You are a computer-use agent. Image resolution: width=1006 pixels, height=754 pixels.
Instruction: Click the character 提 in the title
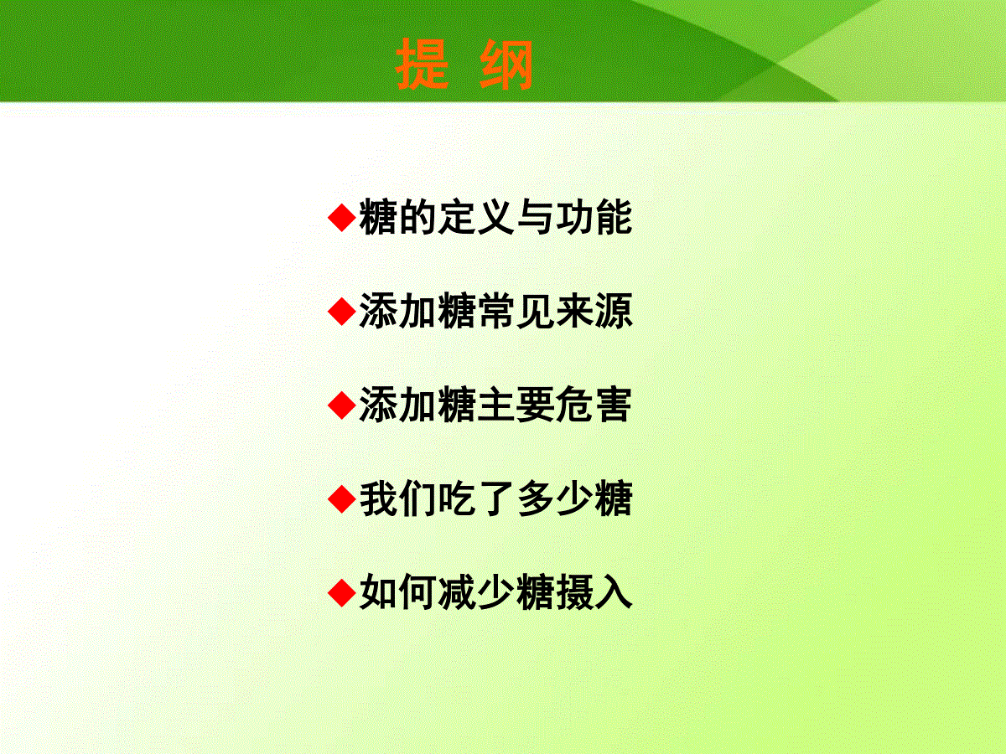coord(422,65)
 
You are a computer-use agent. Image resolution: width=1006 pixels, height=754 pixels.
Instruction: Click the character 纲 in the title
coord(506,65)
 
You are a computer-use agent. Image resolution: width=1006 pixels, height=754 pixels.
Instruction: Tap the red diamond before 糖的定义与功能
coord(342,218)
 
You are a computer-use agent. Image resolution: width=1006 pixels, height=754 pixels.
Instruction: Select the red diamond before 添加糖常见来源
coord(342,312)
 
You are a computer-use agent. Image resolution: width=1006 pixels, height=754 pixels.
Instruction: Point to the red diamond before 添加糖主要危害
coord(342,405)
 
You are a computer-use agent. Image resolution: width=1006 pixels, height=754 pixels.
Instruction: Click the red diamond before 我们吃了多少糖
coord(342,499)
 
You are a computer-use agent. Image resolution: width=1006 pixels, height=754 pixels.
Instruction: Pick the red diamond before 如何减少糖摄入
coord(342,593)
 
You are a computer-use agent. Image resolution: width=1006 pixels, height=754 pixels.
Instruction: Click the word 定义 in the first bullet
coord(476,218)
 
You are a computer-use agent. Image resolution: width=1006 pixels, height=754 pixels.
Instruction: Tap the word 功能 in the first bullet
coord(594,218)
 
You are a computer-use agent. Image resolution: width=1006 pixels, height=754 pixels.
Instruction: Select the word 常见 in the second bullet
coord(516,312)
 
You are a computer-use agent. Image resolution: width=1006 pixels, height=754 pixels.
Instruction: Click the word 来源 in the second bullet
coord(594,312)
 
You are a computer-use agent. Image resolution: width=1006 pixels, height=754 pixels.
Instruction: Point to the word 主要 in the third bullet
coord(516,405)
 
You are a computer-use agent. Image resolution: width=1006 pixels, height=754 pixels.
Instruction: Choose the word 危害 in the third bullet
coord(594,405)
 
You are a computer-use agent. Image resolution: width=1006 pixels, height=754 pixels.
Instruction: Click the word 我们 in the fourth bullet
coord(397,499)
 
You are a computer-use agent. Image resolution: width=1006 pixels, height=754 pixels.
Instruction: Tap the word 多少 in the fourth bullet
coord(555,499)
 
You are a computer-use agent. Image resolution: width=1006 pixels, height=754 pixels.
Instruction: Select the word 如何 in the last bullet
coord(397,593)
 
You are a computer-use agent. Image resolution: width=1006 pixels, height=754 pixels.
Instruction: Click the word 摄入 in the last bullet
coord(594,593)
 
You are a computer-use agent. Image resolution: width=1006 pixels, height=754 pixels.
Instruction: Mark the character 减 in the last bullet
coord(457,593)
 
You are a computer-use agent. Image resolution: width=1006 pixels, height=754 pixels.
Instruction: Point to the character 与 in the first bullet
coord(536,218)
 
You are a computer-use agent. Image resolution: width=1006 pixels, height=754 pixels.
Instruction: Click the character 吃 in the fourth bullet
coord(457,499)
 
